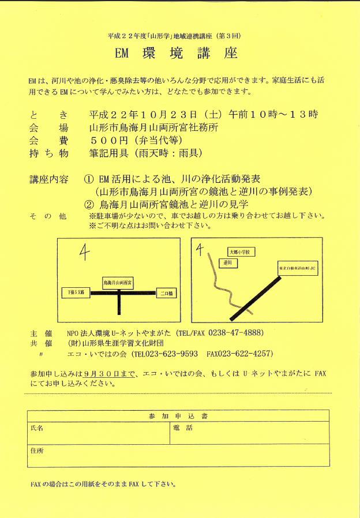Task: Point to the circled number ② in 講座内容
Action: [89, 204]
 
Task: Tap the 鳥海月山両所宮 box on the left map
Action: [118, 283]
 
